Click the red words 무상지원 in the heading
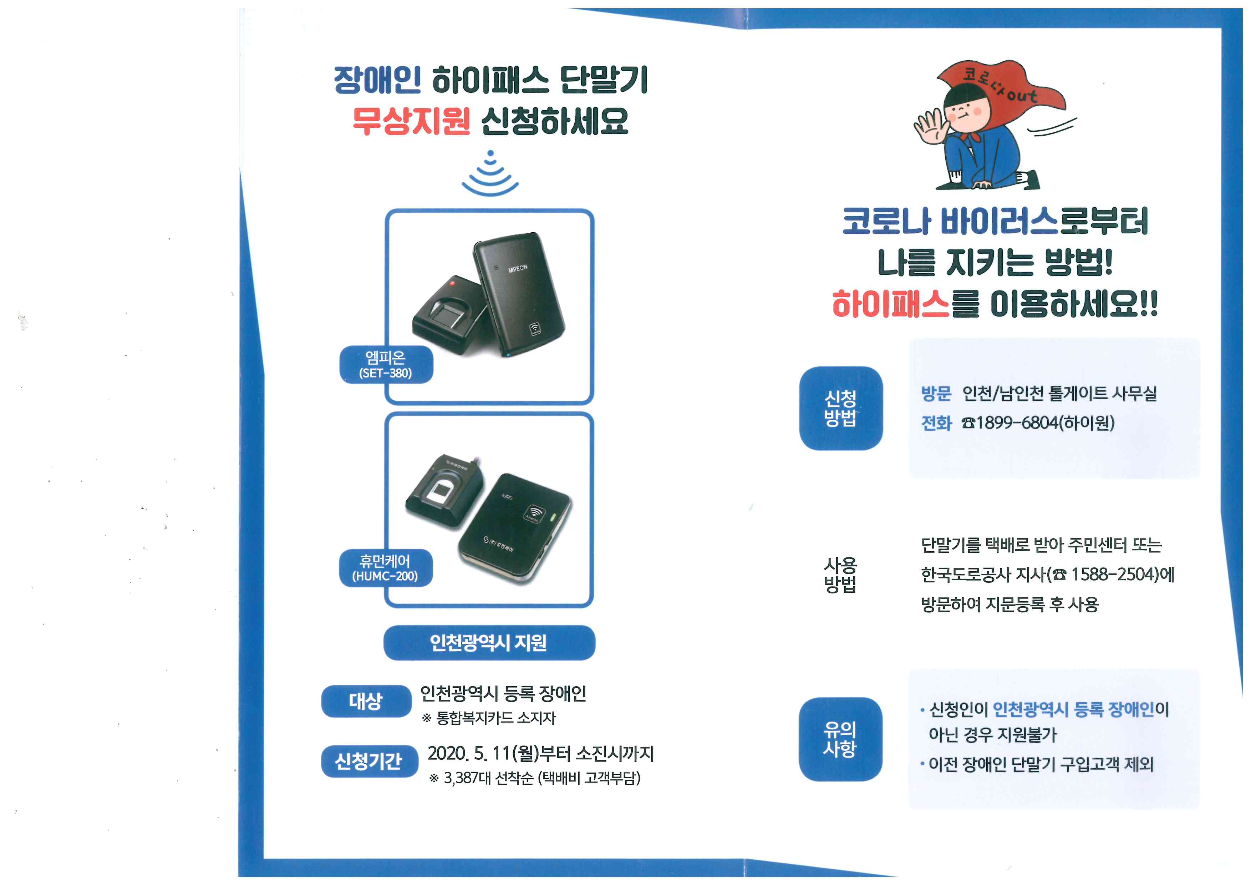pos(411,121)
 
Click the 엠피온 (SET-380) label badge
pos(386,365)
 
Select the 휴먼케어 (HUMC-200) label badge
pos(386,568)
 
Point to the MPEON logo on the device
pos(518,268)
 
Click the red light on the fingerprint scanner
pos(452,283)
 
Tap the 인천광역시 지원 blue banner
pos(489,643)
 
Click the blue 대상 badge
pos(366,701)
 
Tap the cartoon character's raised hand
pos(931,126)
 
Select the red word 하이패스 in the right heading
pos(891,304)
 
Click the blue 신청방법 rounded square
pos(841,408)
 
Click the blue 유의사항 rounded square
pos(841,739)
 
